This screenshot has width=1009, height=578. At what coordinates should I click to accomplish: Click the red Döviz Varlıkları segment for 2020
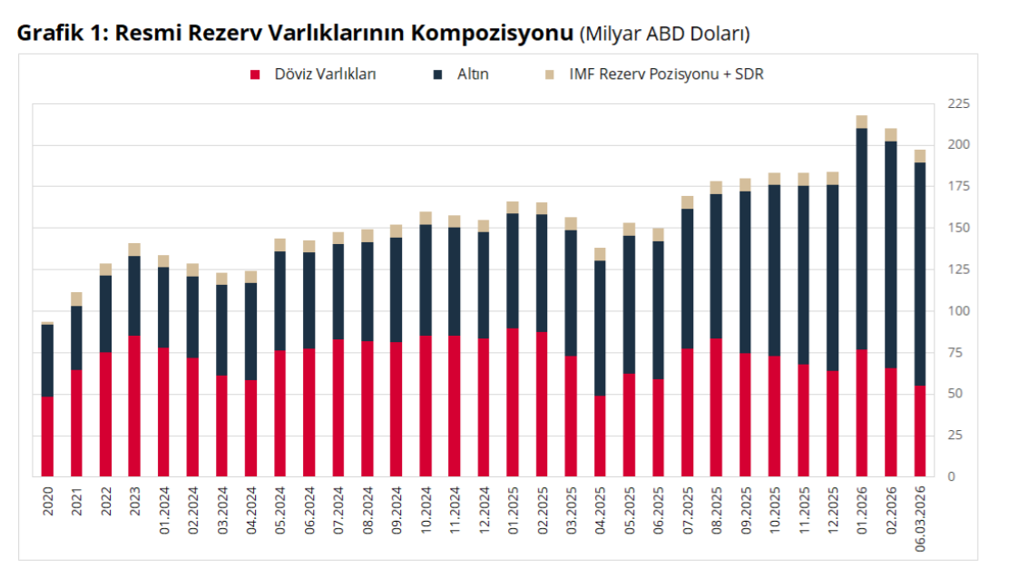pyautogui.click(x=48, y=436)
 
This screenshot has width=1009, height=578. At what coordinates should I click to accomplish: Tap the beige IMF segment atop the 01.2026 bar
pyautogui.click(x=862, y=122)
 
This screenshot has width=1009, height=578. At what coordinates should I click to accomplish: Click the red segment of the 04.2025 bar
pyautogui.click(x=600, y=436)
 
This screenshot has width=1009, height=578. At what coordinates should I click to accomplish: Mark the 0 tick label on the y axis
pyautogui.click(x=952, y=476)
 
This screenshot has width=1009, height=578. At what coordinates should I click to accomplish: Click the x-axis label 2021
pyautogui.click(x=77, y=505)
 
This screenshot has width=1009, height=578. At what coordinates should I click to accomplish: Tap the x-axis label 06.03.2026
pyautogui.click(x=920, y=517)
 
